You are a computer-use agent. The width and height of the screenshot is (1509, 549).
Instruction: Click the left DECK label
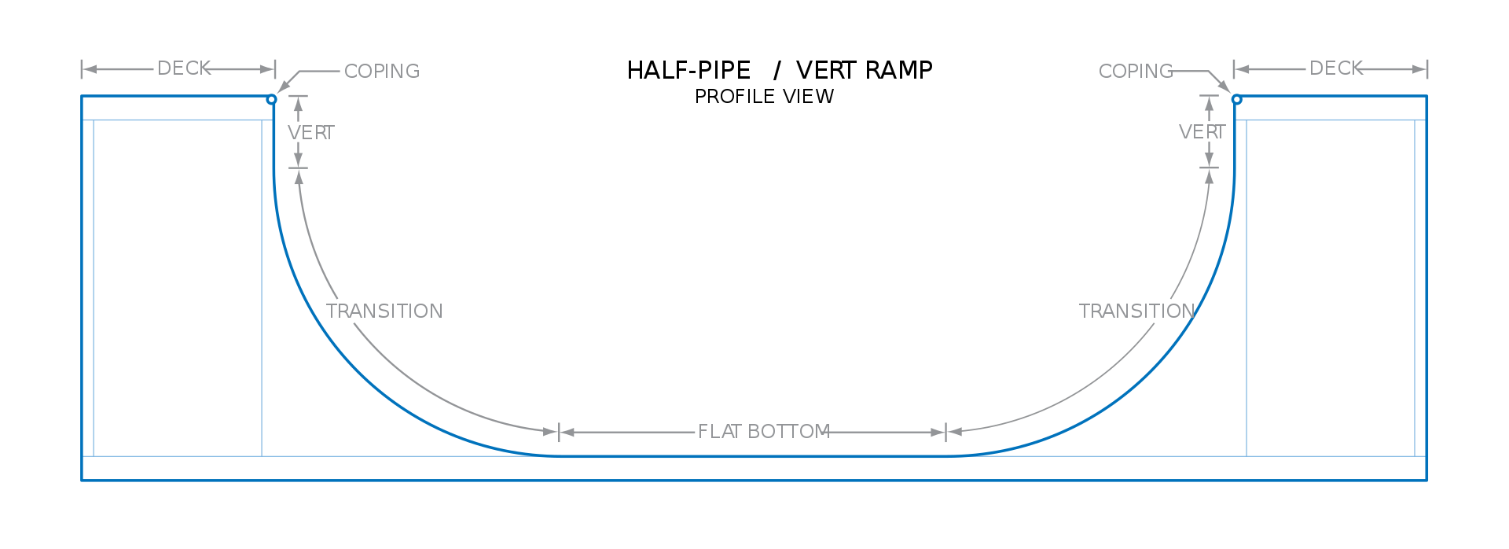point(184,68)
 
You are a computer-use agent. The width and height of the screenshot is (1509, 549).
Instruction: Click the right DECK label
point(1335,68)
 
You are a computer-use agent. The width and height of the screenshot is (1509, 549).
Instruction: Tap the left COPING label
point(382,72)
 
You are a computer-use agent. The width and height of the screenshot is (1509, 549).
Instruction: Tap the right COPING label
point(1135,72)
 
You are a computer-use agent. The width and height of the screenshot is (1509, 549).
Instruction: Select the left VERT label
point(311,133)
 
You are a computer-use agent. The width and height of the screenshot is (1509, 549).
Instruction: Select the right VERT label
point(1202,132)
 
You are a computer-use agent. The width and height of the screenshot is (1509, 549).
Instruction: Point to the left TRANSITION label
point(384,311)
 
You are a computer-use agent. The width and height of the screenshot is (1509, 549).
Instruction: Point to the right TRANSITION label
point(1136,311)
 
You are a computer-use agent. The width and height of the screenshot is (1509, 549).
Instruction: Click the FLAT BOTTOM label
point(764,432)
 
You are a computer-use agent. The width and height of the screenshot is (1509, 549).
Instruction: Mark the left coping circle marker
point(272,99)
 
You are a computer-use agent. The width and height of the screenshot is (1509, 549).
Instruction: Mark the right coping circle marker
point(1236,99)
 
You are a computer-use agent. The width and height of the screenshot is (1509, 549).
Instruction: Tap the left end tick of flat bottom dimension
point(559,432)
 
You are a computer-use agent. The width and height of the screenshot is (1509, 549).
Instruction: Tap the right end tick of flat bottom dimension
point(945,432)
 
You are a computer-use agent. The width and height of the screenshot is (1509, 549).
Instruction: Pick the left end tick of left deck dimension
point(82,69)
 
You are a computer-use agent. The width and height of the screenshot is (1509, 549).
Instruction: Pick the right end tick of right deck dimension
point(1427,69)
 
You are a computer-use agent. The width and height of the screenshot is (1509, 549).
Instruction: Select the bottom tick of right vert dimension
point(1209,168)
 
